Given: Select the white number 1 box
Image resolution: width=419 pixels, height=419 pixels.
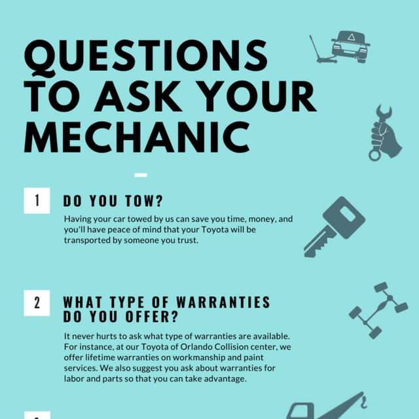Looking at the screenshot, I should [x=37, y=200].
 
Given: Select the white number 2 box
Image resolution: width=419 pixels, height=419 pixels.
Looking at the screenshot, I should [x=37, y=302].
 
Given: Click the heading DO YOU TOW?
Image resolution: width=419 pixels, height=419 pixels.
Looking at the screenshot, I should [x=113, y=201].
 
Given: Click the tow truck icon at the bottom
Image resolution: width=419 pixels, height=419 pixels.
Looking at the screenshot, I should [x=327, y=406].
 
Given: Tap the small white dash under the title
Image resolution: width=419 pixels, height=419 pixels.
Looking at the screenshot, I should [x=140, y=175].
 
